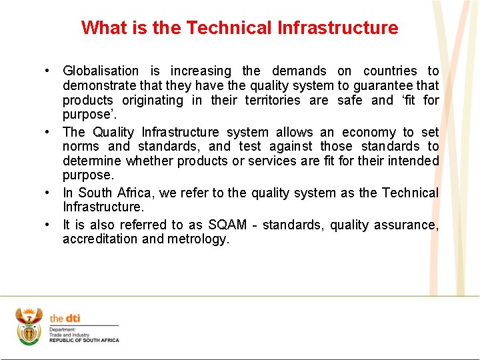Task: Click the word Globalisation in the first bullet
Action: (101, 71)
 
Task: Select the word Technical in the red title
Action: (229, 28)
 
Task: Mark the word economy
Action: (363, 132)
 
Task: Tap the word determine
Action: (91, 161)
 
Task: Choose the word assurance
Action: (411, 225)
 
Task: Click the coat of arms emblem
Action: (29, 326)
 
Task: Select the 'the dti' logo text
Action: (65, 319)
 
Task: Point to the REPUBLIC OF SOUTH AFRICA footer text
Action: (84, 340)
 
